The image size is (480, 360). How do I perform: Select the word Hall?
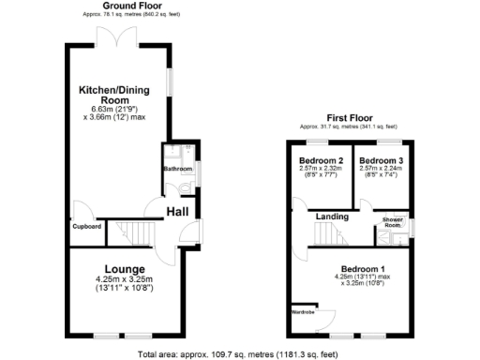[178, 214]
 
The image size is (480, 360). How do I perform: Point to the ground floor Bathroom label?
[177, 169]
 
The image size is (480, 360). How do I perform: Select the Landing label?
[333, 217]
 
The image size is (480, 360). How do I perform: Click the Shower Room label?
[393, 222]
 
